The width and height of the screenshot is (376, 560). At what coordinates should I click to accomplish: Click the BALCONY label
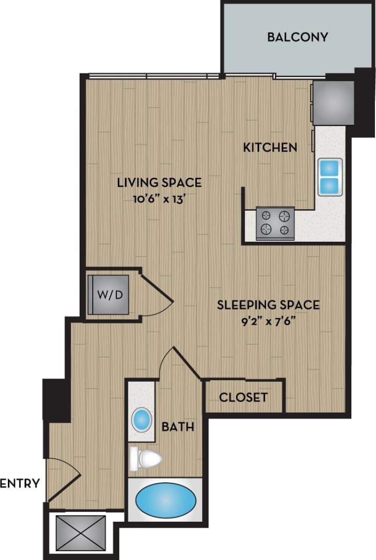tap(297, 37)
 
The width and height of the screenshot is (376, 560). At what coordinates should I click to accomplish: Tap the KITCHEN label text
tap(270, 147)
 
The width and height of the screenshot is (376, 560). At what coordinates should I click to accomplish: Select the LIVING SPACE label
tap(159, 182)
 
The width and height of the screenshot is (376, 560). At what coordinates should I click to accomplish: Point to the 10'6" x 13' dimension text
tap(159, 198)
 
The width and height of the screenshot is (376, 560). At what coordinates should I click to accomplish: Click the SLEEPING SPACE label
tap(268, 305)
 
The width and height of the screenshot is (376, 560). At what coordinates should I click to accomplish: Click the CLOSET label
tap(244, 397)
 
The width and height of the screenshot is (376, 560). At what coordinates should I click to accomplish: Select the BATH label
tap(178, 427)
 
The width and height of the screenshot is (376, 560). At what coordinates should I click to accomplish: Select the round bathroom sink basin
tap(141, 419)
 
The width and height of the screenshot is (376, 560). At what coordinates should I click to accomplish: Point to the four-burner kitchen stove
tap(275, 223)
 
